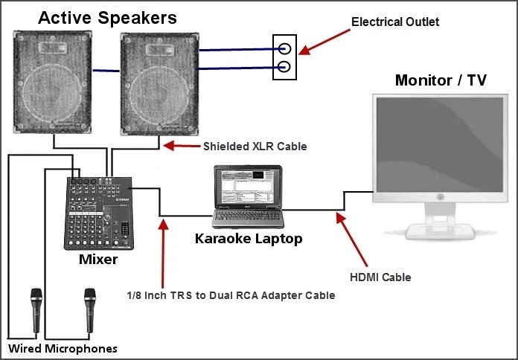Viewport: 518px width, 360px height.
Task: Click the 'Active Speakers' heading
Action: [108, 16]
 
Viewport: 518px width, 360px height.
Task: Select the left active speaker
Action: [50, 83]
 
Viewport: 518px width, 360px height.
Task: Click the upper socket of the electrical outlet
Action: [284, 50]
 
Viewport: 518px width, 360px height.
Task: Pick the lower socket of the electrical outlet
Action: [284, 69]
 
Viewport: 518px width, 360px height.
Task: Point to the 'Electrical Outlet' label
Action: [395, 22]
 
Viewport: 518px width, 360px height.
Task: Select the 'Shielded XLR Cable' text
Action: [255, 147]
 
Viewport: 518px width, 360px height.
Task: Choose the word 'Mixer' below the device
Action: [97, 260]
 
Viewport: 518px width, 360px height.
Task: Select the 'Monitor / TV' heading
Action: [441, 80]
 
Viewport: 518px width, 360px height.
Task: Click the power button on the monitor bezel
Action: [439, 197]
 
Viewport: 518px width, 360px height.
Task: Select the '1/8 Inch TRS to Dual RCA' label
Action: [231, 295]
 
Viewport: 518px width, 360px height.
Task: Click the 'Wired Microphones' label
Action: [63, 348]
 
